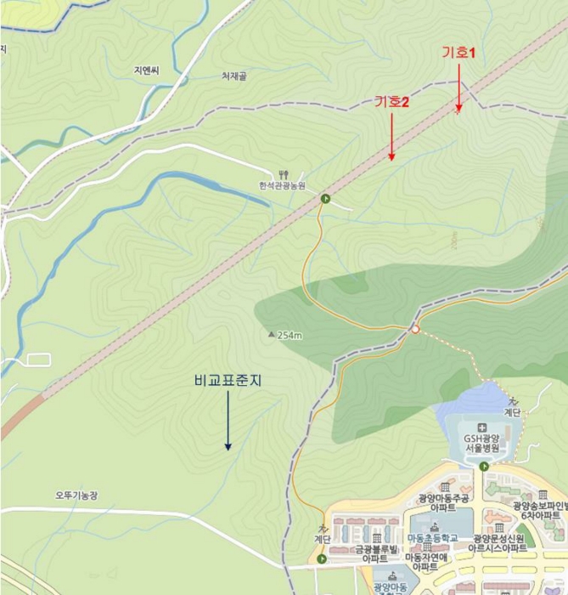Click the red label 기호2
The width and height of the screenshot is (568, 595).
392,102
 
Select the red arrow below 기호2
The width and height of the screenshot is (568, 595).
391,137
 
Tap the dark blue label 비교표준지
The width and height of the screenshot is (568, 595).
228,382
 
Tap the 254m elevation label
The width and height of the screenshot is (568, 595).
290,335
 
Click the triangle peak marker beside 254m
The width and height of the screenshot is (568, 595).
272,334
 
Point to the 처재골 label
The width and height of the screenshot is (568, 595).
239,76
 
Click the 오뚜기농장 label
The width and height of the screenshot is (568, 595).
77,495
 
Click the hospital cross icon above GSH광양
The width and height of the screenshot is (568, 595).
482,426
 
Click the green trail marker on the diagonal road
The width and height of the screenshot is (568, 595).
325,199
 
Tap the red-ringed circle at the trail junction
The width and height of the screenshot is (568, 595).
415,329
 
